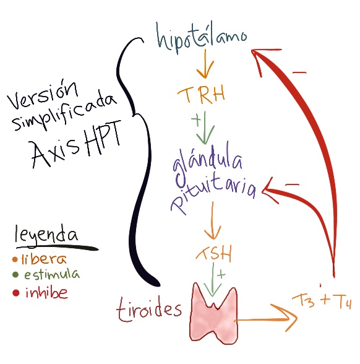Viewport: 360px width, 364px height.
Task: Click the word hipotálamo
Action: point(202,38)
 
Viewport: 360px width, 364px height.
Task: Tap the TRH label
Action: point(202,94)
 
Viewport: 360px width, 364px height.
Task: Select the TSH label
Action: point(214,253)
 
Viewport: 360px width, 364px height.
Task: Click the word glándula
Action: point(207,161)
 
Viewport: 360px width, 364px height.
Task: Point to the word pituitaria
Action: point(213,193)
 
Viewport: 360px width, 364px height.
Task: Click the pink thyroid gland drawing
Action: point(213,313)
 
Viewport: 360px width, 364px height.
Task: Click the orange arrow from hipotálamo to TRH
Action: point(205,64)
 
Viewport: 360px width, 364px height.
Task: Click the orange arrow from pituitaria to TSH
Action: point(213,220)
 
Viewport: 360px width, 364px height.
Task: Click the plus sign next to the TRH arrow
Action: point(196,120)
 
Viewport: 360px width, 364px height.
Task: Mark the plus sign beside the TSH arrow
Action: point(221,275)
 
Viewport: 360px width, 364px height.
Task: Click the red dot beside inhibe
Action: point(15,293)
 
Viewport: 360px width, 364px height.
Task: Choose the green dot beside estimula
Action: point(15,275)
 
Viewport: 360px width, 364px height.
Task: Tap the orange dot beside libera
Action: point(15,259)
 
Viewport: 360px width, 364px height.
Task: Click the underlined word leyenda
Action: point(46,235)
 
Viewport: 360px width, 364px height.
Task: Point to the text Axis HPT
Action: point(77,144)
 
